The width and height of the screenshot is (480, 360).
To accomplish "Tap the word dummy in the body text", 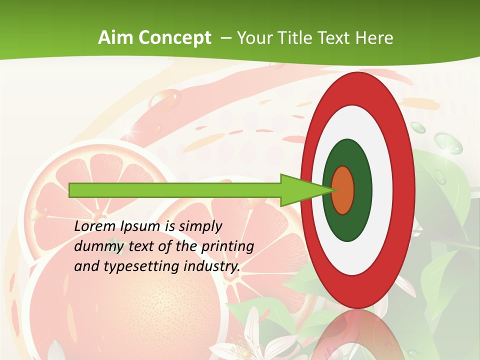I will pos(96,246).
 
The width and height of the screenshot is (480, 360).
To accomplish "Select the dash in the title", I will pos(225,38).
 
